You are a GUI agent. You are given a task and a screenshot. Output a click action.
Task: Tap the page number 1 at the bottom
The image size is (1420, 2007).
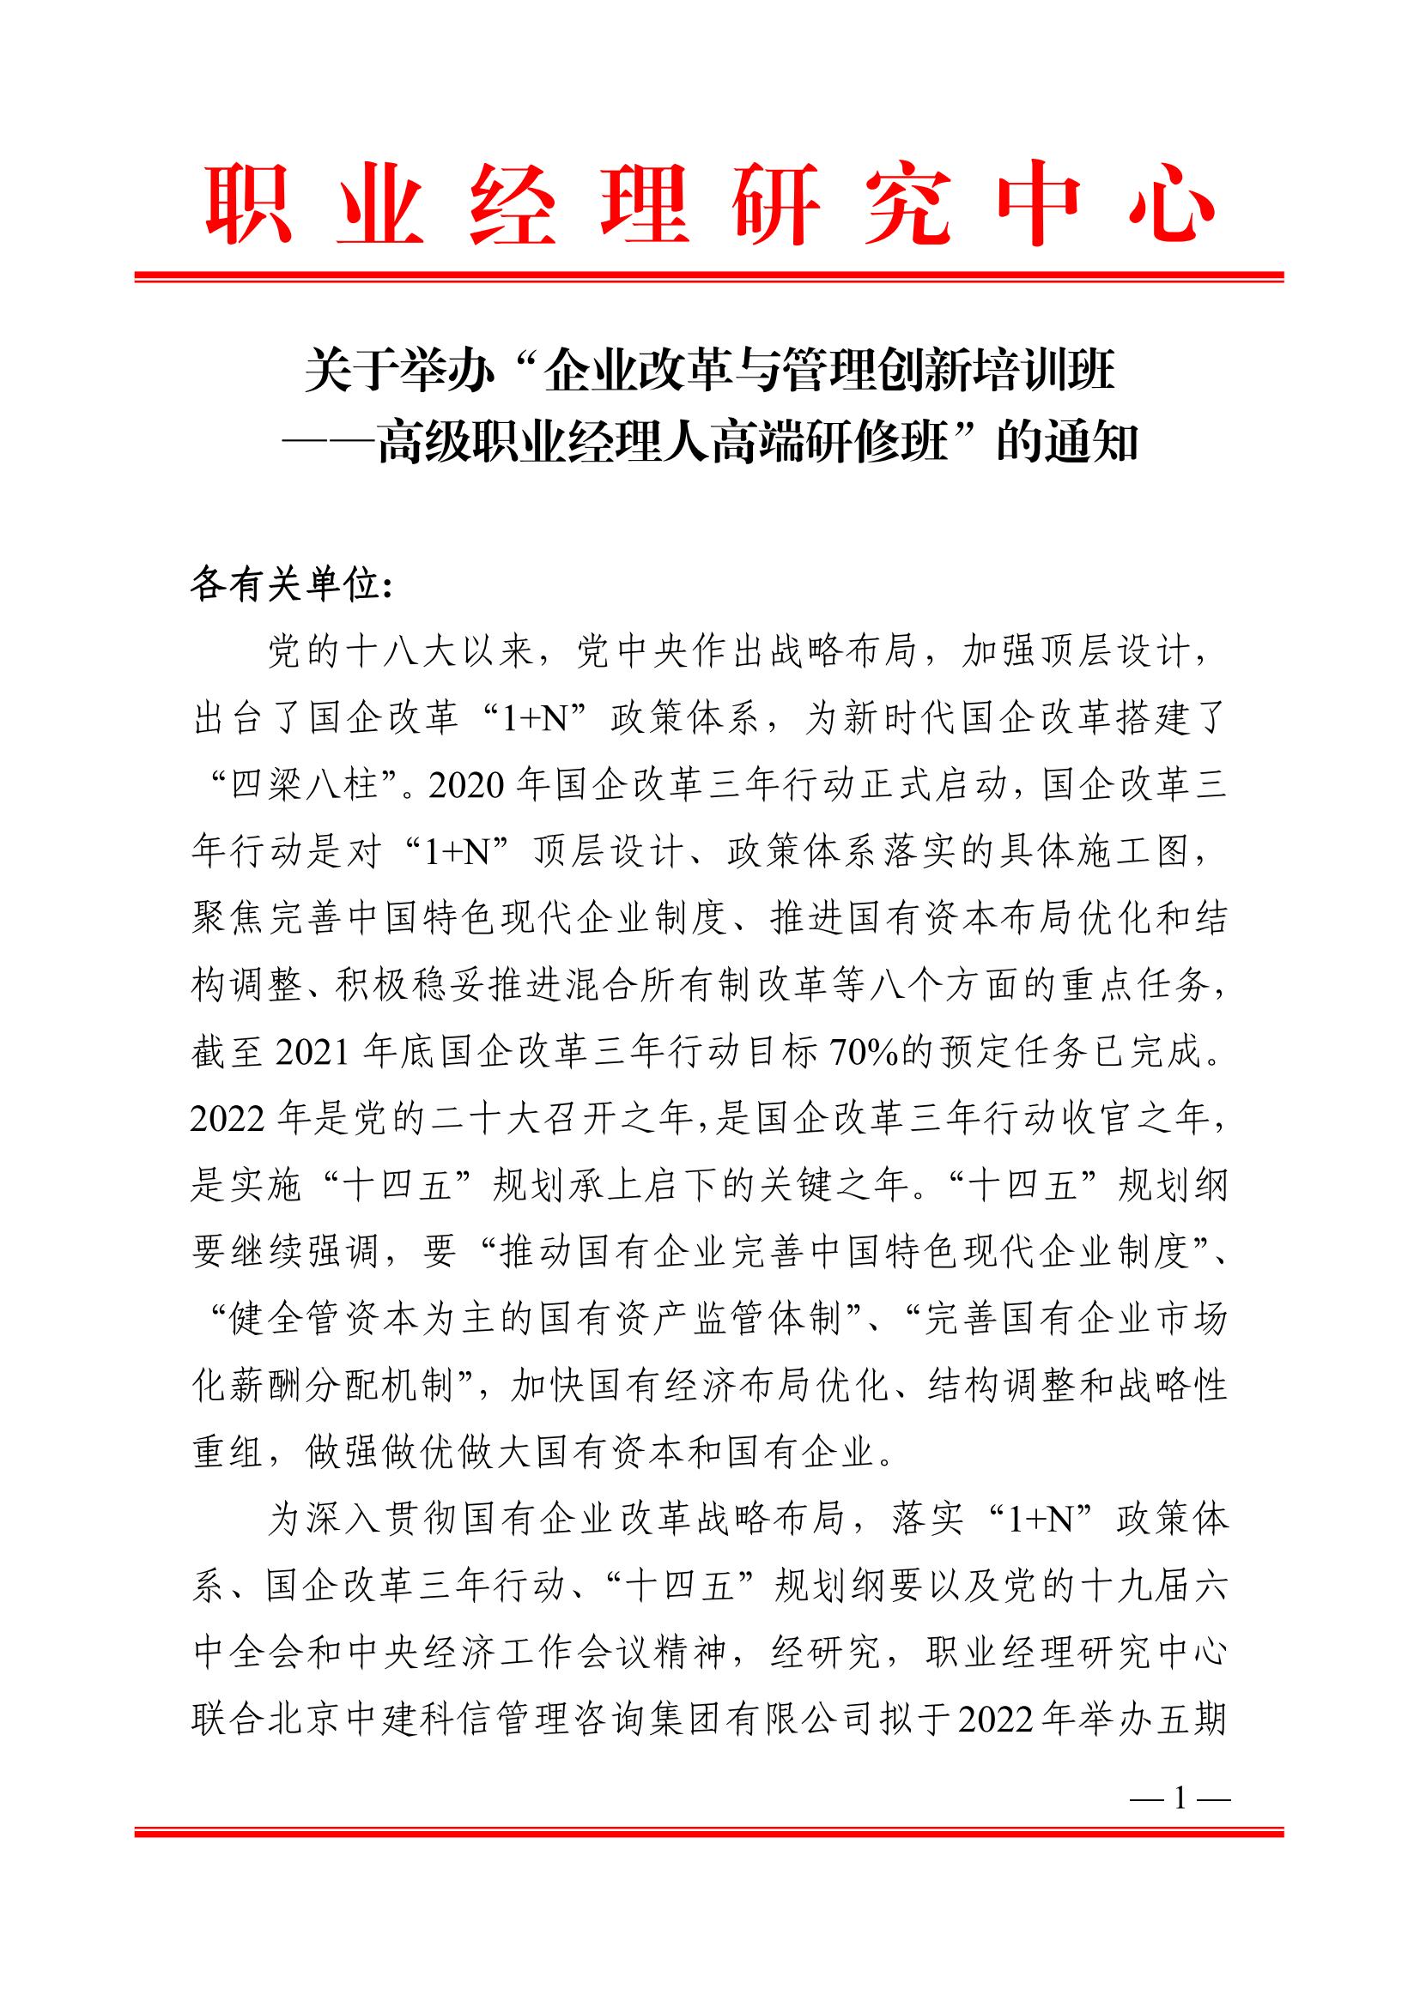1180,1798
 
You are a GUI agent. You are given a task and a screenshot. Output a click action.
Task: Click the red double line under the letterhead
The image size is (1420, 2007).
709,276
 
